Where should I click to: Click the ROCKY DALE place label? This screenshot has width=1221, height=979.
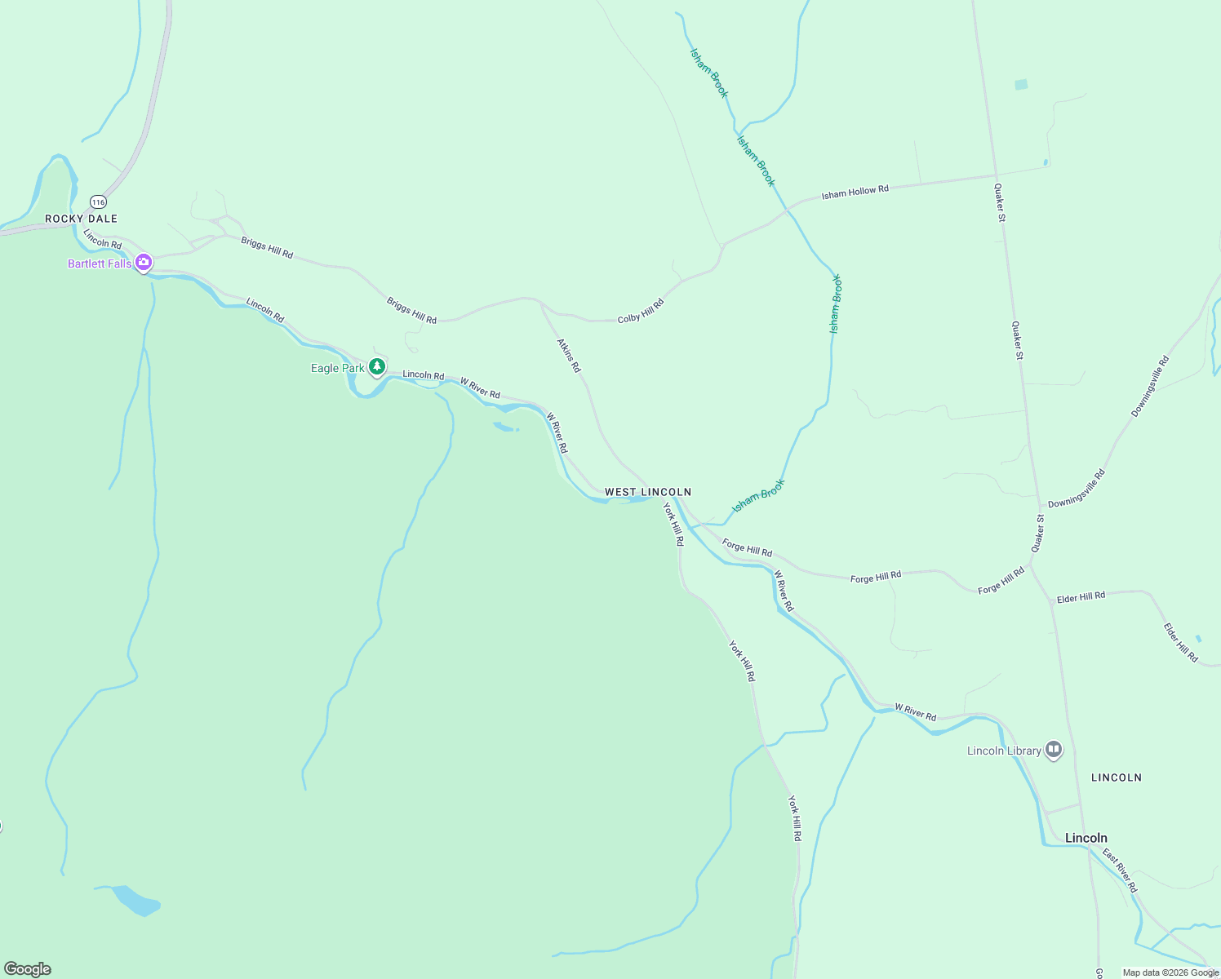[x=81, y=219]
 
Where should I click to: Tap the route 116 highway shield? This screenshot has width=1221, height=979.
[x=98, y=202]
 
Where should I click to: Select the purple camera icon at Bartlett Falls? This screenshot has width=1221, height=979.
[x=144, y=263]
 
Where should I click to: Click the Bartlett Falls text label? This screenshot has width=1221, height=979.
[x=99, y=264]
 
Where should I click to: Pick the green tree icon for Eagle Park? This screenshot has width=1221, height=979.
[x=376, y=367]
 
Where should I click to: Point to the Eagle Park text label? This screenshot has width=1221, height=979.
[x=337, y=368]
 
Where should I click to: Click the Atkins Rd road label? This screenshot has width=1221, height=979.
[x=569, y=356]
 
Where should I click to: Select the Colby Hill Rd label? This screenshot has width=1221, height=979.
[x=641, y=311]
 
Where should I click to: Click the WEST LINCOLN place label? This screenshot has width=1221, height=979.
[x=648, y=492]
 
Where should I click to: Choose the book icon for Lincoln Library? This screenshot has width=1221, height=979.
[x=1054, y=749]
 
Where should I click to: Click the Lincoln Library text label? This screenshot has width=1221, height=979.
[x=1004, y=751]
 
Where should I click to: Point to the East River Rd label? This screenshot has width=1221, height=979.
[x=1120, y=870]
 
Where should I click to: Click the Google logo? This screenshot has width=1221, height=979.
[x=27, y=969]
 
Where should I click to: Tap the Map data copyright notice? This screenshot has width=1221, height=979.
[x=1170, y=972]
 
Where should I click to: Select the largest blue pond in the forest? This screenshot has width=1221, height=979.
[x=137, y=901]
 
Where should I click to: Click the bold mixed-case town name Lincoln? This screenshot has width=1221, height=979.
[x=1086, y=838]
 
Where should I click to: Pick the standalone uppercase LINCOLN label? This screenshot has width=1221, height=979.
[x=1116, y=777]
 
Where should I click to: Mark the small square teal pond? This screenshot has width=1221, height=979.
[x=1021, y=84]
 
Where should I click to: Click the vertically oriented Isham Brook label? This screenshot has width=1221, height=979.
[x=835, y=303]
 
